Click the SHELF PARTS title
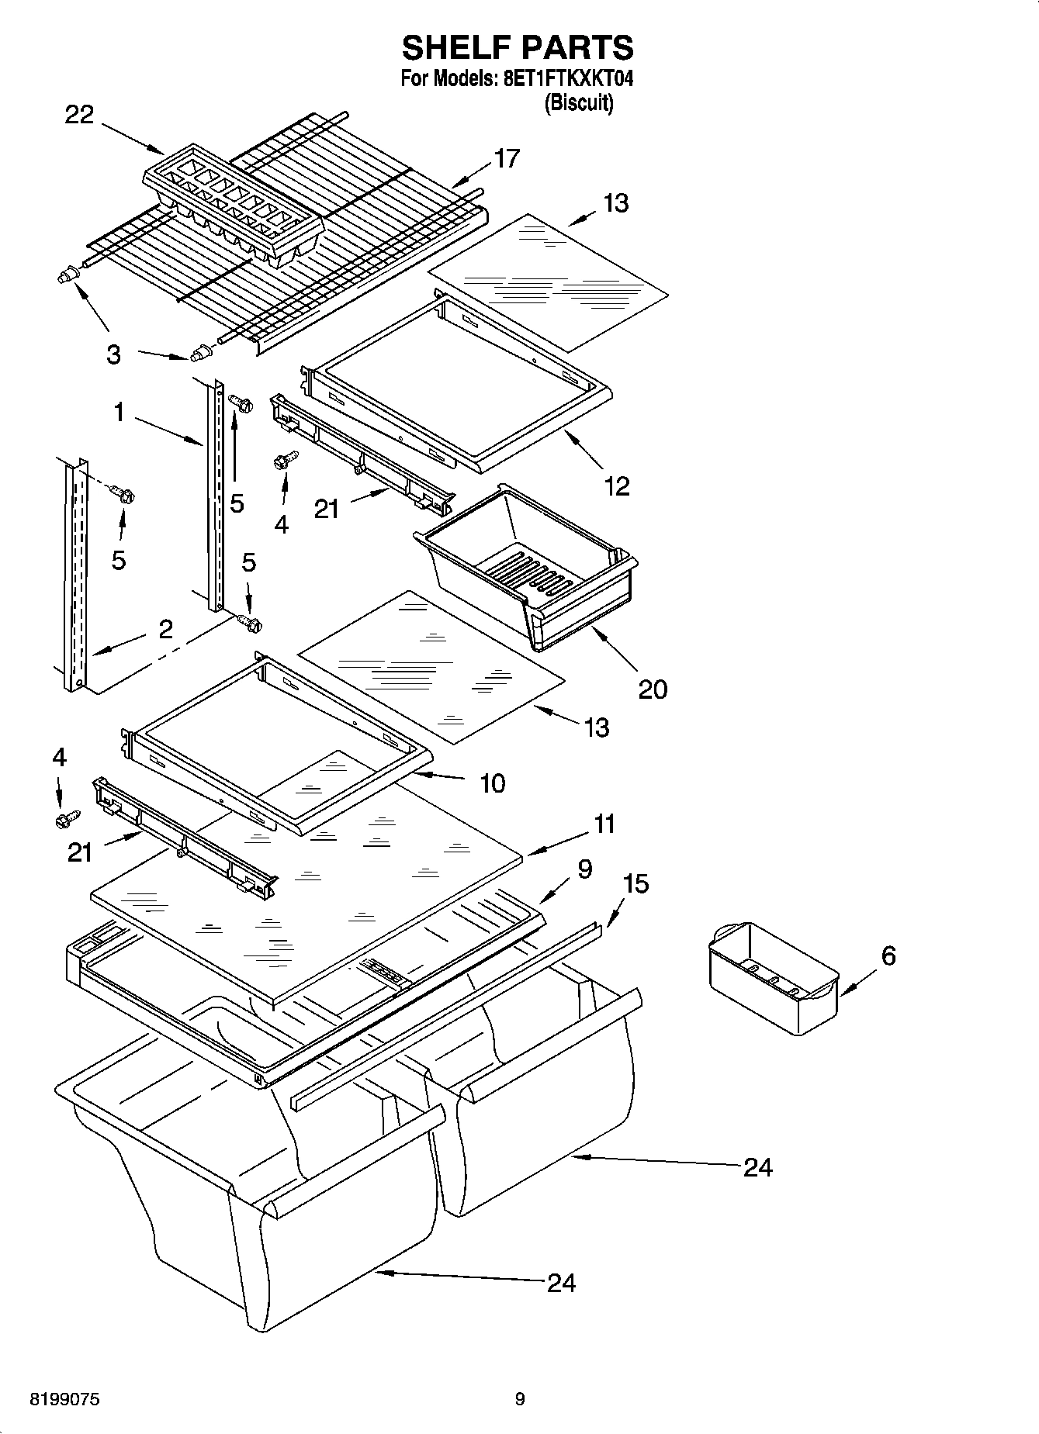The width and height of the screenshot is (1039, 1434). pyautogui.click(x=518, y=47)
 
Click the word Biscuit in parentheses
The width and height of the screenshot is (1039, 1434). pyautogui.click(x=578, y=103)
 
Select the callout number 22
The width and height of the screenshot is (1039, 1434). pyautogui.click(x=78, y=115)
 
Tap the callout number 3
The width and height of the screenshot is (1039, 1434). pyautogui.click(x=113, y=355)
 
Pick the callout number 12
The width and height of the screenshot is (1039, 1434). pyautogui.click(x=617, y=486)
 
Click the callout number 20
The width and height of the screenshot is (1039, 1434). pyautogui.click(x=653, y=689)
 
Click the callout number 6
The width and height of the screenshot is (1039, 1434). pyautogui.click(x=888, y=955)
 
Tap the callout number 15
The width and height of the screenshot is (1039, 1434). pyautogui.click(x=636, y=883)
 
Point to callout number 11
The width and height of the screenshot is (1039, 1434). pyautogui.click(x=604, y=824)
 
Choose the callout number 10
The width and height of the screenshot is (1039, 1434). pyautogui.click(x=492, y=783)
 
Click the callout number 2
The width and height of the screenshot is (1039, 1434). pyautogui.click(x=165, y=628)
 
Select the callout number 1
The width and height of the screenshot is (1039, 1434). pyautogui.click(x=119, y=413)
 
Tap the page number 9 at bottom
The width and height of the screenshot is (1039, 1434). pyautogui.click(x=519, y=1399)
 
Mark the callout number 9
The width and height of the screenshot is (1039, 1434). pyautogui.click(x=584, y=869)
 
